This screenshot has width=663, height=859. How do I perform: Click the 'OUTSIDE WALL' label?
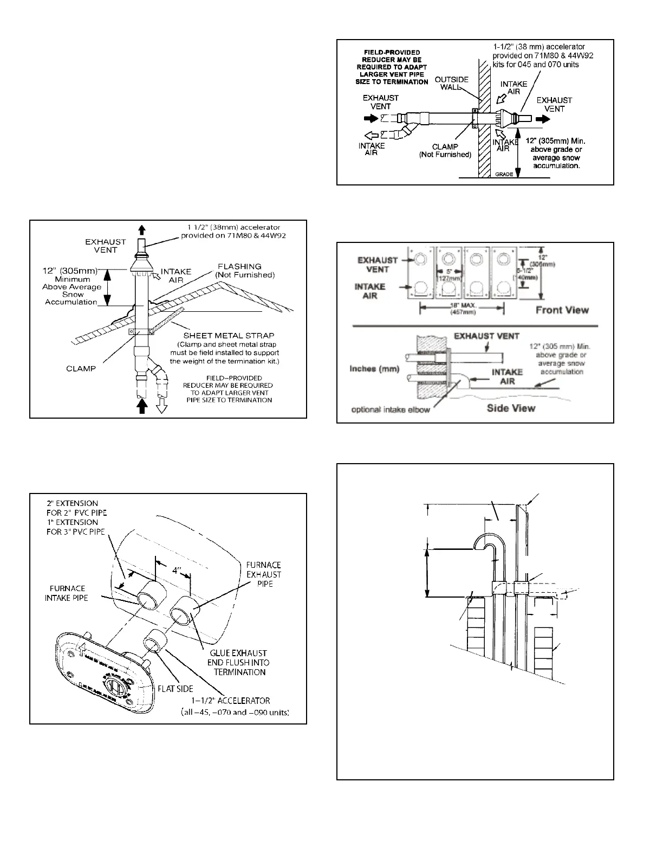pos(452,84)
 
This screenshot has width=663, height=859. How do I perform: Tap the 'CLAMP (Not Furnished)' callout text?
pos(445,151)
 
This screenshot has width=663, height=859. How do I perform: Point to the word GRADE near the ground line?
pos(504,174)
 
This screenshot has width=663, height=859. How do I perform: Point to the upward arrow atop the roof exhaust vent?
pos(142,229)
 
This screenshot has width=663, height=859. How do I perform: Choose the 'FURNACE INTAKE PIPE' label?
pos(68,593)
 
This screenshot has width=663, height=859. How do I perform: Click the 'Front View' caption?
pos(562,310)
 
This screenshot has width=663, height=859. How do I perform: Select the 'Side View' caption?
pos(511,408)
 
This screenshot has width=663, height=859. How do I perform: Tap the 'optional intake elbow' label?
pos(391,409)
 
